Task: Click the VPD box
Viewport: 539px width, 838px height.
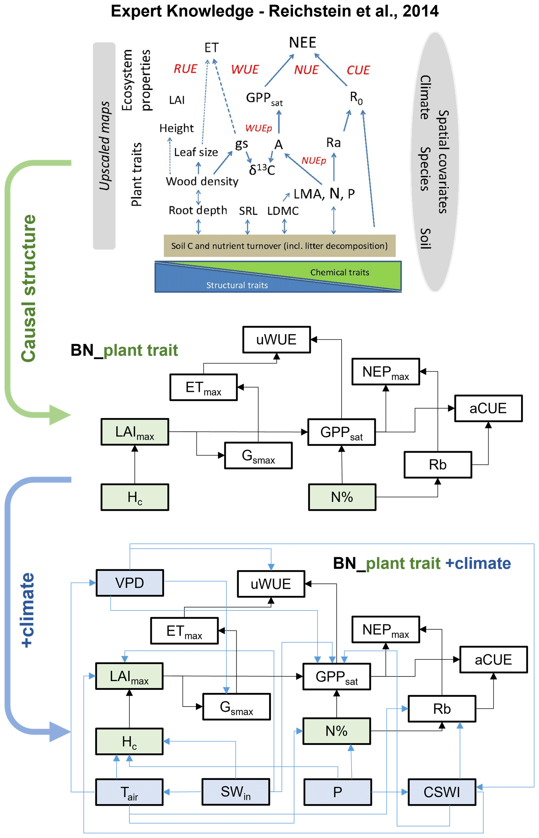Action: (129, 583)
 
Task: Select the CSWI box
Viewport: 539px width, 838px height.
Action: (442, 792)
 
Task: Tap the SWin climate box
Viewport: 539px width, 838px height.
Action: (236, 792)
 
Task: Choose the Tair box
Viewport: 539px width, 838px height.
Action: (129, 792)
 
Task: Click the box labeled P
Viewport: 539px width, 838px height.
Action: (337, 792)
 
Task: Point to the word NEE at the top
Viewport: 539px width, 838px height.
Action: (303, 42)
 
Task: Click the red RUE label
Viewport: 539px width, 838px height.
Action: (185, 69)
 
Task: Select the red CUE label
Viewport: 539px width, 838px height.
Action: (358, 70)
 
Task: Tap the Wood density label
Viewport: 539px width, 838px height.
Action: (202, 181)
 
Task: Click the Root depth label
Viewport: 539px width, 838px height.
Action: (198, 210)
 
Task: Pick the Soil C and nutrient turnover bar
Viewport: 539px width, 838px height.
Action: (279, 246)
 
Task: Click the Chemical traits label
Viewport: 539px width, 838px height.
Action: (340, 272)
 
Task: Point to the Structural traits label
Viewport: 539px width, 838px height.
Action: (237, 285)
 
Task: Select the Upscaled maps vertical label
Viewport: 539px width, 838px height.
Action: (104, 146)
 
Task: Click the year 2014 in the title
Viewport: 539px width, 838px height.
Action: (420, 11)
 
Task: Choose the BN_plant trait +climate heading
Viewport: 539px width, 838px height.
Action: (422, 563)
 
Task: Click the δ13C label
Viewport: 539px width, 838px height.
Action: (262, 170)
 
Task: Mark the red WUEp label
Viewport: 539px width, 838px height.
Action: (258, 128)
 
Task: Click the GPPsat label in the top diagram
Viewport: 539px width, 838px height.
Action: (264, 99)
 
